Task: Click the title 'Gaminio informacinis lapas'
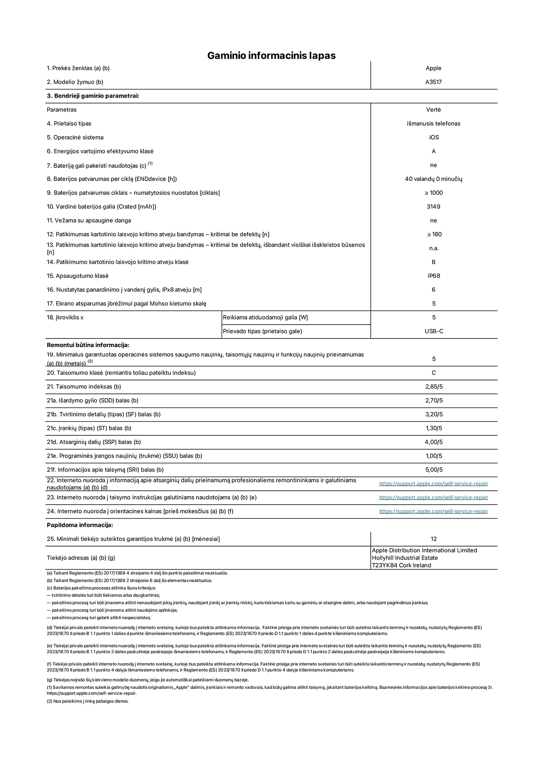pyautogui.click(x=271, y=55)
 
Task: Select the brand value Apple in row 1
pyautogui.click(x=433, y=68)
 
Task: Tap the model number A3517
pyautogui.click(x=433, y=82)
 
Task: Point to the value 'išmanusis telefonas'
pyautogui.click(x=433, y=124)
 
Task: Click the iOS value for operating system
pyautogui.click(x=433, y=137)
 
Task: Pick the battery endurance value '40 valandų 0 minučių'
pyautogui.click(x=433, y=179)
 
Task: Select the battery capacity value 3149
pyautogui.click(x=433, y=206)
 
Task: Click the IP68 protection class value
pyautogui.click(x=433, y=276)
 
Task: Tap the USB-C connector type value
pyautogui.click(x=433, y=331)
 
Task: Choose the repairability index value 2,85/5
pyautogui.click(x=433, y=387)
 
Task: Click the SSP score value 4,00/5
pyautogui.click(x=433, y=442)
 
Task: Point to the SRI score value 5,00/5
pyautogui.click(x=433, y=470)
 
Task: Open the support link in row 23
pyautogui.click(x=433, y=497)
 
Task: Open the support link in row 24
pyautogui.click(x=433, y=511)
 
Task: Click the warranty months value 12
pyautogui.click(x=433, y=539)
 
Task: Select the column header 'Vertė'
pyautogui.click(x=433, y=110)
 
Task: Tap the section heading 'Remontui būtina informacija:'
pyautogui.click(x=88, y=345)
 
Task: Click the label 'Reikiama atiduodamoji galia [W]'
pyautogui.click(x=265, y=318)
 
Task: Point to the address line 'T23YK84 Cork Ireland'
pyautogui.click(x=401, y=565)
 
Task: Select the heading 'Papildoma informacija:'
pyautogui.click(x=80, y=525)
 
